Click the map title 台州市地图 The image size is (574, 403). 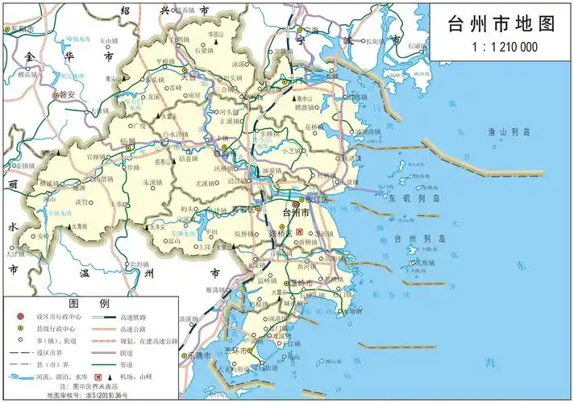click(502, 23)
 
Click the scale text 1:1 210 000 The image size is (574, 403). click(502, 48)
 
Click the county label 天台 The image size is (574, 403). click(188, 77)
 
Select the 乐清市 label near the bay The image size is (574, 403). click(198, 355)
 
